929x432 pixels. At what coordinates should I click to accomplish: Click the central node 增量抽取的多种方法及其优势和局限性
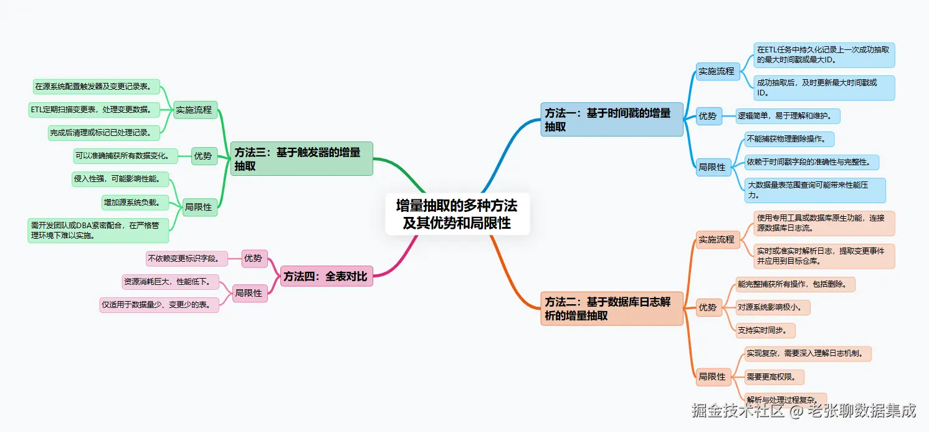457,214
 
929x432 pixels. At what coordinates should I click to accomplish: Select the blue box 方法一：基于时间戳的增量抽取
612,120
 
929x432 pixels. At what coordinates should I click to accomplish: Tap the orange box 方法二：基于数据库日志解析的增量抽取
612,309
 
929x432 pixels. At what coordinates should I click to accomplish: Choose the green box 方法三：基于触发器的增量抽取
302,159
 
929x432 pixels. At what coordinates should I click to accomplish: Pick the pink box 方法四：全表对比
326,276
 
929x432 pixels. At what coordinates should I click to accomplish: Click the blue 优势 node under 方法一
708,116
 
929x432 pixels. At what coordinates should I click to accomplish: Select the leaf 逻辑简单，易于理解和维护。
789,116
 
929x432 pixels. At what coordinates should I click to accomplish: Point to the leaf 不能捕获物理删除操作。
789,139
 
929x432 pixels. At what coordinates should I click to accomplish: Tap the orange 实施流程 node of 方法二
717,239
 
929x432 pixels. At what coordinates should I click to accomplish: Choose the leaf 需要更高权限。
774,377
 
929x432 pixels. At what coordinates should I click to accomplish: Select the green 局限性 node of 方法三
199,207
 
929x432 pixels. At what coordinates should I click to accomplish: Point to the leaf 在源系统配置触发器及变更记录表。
97,86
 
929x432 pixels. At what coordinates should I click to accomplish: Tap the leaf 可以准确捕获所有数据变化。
126,155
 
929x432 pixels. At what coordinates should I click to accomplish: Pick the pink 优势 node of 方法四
253,258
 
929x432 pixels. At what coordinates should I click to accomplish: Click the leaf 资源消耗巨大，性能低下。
171,282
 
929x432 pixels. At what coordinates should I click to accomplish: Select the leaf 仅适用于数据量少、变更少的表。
160,305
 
